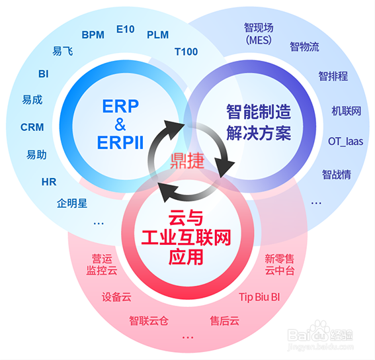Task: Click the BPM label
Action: coord(93,34)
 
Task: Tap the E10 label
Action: coord(125,29)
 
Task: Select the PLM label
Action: coord(157,34)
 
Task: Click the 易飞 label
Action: coord(63,51)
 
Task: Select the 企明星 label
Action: coord(72,202)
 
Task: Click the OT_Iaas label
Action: coord(345,141)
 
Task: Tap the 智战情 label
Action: coord(336,174)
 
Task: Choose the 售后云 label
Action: coord(224,320)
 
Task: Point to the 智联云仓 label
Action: coord(149,320)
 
